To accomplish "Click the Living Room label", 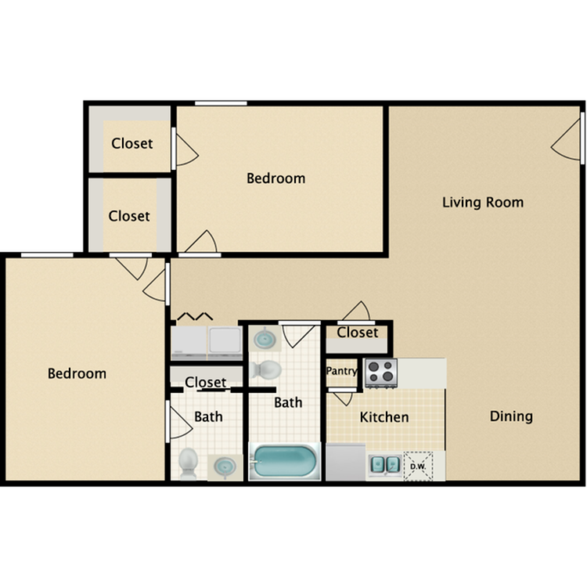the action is (483, 202).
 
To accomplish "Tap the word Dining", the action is (511, 416).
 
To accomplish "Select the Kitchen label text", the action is (384, 417).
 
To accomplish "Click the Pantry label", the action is (341, 371).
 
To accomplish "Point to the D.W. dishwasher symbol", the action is (418, 466).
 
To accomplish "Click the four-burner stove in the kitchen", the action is (381, 373).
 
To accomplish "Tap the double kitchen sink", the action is (386, 465).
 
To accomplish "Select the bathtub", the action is (285, 461).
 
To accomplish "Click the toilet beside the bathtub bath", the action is (267, 370).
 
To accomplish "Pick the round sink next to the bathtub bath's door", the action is (265, 339).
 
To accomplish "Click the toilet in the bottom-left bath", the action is (188, 463).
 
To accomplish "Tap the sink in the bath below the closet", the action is (225, 466).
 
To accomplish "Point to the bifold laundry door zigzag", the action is (195, 316).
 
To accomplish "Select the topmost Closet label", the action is (132, 143).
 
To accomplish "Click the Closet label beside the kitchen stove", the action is (358, 333).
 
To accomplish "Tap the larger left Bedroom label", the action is (77, 373).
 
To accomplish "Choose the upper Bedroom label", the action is (276, 178).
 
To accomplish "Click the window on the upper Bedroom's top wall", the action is (221, 103).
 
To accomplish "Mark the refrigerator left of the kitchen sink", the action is (345, 462).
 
